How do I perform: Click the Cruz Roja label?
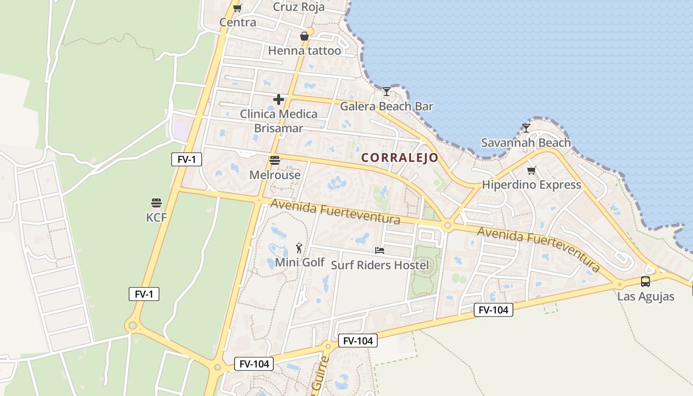point(299,7)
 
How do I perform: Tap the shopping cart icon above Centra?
point(237,8)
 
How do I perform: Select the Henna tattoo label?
point(304,50)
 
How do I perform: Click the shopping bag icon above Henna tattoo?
point(304,36)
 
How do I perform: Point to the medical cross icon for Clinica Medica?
point(279,99)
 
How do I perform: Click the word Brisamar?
point(278,128)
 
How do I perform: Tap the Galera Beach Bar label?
point(386,106)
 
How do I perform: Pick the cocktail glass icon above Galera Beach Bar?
point(386,92)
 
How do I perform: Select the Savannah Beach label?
point(526,143)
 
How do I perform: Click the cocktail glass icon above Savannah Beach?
point(526,128)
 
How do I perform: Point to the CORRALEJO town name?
point(399,157)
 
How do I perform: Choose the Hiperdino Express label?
point(531,185)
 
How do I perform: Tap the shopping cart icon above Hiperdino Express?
point(531,171)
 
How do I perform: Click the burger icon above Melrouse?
point(275,160)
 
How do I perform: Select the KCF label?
point(156,217)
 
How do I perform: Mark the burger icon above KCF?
point(156,203)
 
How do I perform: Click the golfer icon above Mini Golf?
point(299,247)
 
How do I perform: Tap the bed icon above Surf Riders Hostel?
point(380,250)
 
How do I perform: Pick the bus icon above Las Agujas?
point(645,282)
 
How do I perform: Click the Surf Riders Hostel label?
point(380,265)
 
